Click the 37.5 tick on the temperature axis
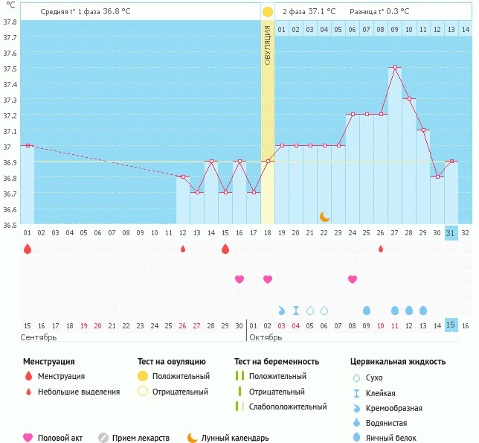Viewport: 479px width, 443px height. [x=10, y=68]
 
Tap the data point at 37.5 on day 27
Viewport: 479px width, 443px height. [x=394, y=68]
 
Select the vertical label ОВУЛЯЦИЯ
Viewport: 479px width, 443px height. [x=268, y=45]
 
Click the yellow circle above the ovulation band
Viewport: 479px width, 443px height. [x=268, y=12]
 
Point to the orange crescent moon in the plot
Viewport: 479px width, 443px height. [x=324, y=217]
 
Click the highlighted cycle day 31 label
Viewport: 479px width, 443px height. [x=451, y=233]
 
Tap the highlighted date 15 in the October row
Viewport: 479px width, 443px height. [x=451, y=325]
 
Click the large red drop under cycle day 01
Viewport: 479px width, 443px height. [x=28, y=249]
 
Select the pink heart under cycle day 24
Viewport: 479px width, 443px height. [x=353, y=279]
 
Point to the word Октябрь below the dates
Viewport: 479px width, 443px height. [x=266, y=337]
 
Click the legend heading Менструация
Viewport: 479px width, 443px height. [x=48, y=362]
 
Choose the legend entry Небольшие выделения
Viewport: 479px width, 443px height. [x=78, y=392]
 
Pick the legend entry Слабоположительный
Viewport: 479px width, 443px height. [x=288, y=407]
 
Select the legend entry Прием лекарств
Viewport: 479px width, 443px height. [x=141, y=438]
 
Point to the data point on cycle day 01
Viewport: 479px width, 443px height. [x=28, y=146]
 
